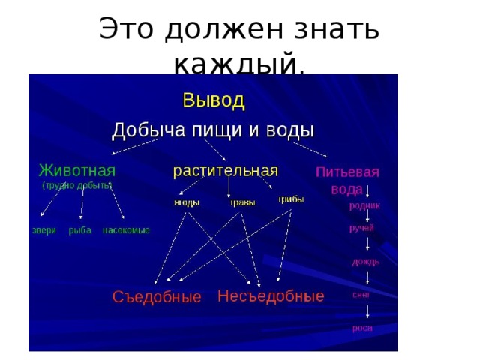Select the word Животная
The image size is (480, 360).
click(76, 168)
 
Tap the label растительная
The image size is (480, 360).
click(226, 169)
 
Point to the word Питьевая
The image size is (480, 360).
click(346, 172)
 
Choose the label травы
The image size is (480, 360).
click(242, 203)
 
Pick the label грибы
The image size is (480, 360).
click(291, 199)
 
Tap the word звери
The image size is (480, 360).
click(43, 230)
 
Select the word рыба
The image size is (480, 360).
click(79, 230)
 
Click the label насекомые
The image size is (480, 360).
click(126, 230)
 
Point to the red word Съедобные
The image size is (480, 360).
click(157, 297)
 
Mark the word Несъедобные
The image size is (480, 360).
click(271, 295)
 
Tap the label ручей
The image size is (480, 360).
click(361, 227)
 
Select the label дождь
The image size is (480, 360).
click(366, 262)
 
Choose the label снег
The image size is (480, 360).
click(361, 295)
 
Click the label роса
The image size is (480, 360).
click(363, 328)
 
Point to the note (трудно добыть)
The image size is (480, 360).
click(76, 184)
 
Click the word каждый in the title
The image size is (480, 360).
click(238, 65)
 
